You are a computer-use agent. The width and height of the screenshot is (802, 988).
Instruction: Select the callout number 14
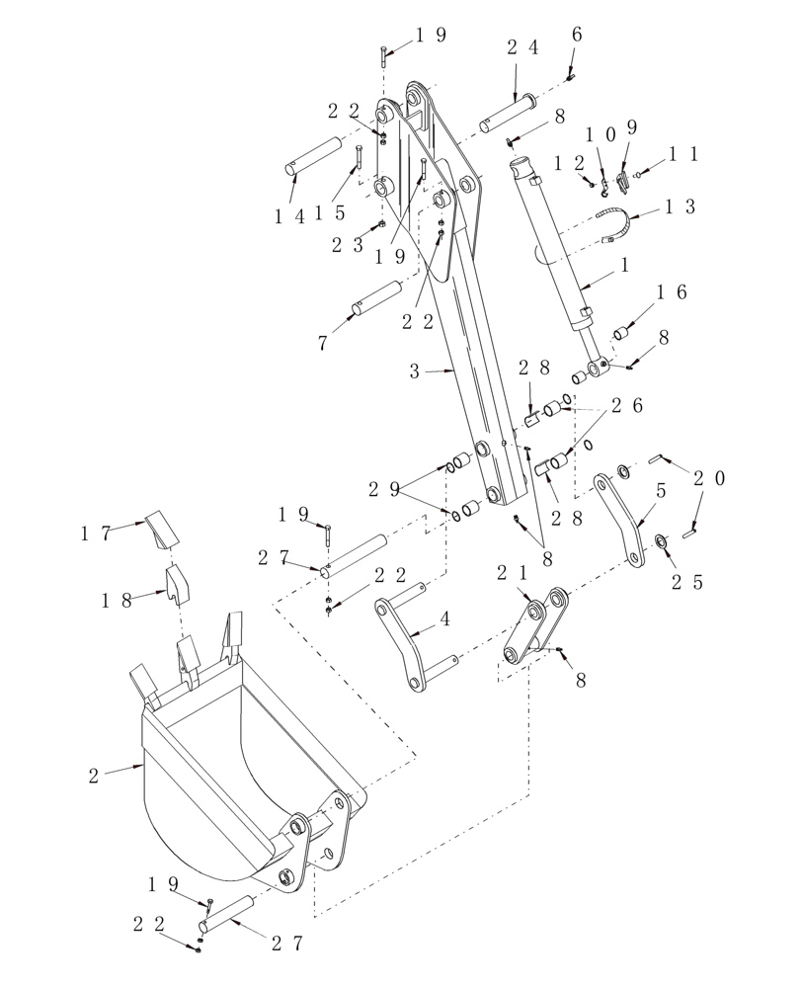point(290,216)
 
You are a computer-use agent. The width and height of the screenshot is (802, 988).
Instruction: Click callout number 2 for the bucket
point(94,776)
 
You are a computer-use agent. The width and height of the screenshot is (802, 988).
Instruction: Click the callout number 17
point(96,534)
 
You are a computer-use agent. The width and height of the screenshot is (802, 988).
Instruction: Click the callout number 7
point(323,343)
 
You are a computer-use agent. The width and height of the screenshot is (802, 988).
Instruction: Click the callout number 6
point(577,35)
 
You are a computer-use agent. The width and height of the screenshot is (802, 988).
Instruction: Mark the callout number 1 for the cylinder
point(624,266)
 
